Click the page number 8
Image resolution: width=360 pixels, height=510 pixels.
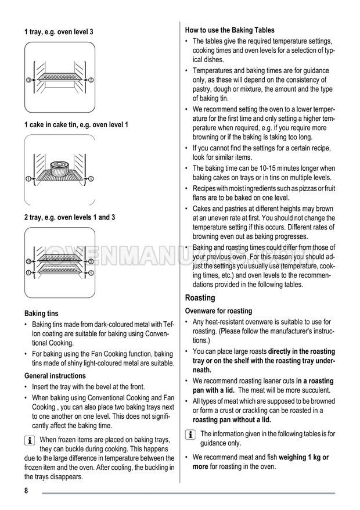coord(27,491)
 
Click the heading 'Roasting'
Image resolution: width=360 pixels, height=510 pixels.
coord(200,298)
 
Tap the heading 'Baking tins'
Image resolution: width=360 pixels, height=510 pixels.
coord(41,313)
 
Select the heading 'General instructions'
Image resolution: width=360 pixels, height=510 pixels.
coord(55,375)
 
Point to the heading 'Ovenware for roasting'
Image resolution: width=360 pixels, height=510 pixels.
coord(218,311)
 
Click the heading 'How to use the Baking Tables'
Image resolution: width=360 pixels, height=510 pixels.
coord(229,30)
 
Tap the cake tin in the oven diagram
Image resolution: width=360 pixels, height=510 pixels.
coord(60,168)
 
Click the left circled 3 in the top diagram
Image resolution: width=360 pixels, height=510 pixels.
coord(28,78)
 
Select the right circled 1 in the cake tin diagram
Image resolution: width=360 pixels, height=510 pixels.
coord(91,177)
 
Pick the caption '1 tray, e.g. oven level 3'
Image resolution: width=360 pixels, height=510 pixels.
coord(58,31)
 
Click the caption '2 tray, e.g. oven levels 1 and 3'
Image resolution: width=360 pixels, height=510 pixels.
coord(70,217)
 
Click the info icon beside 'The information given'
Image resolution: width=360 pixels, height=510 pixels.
coord(189,434)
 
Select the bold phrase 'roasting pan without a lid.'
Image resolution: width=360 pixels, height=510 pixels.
coord(232,420)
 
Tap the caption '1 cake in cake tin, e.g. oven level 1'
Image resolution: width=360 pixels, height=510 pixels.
coord(76,124)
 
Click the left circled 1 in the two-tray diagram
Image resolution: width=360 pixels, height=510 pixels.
coord(28,272)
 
